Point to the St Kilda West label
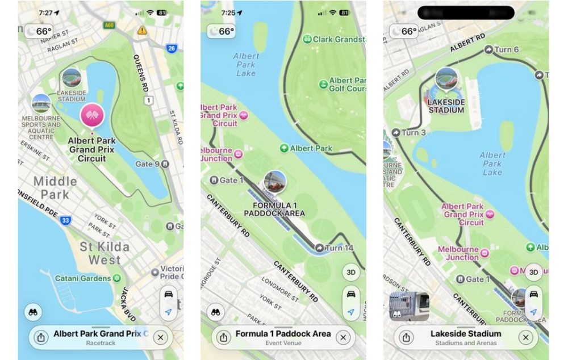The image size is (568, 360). [x=104, y=254]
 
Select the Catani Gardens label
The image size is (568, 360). [x=83, y=279]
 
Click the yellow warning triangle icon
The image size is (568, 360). [x=141, y=30]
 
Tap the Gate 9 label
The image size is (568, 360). [x=148, y=164]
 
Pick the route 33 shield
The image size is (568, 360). [x=67, y=220]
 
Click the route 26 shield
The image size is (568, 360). [x=172, y=49]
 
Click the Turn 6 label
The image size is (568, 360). [x=507, y=50]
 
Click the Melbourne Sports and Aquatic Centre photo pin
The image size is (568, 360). [x=41, y=104]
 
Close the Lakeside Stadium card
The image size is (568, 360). [x=526, y=338]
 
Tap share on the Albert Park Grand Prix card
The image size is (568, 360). [x=41, y=338]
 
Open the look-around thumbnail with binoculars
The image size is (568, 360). [x=409, y=307]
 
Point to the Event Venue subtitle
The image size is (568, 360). [x=283, y=343]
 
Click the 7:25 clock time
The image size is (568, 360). [x=228, y=12]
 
